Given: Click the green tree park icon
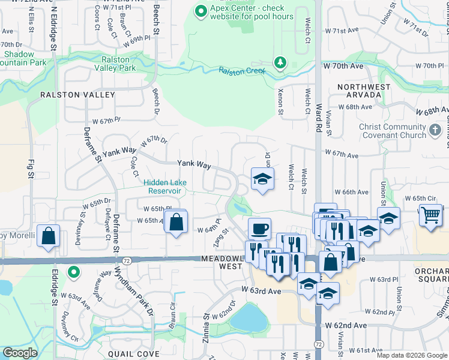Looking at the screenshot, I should point(279,62).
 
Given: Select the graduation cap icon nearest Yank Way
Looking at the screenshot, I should point(262,179).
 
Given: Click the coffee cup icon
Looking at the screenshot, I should point(259,228).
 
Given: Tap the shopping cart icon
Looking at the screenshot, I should point(431,215).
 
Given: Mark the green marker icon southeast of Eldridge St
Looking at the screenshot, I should point(73,273).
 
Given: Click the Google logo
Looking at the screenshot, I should point(20,353).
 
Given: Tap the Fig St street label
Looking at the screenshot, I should point(30,169).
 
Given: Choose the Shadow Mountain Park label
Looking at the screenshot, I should point(24,58).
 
